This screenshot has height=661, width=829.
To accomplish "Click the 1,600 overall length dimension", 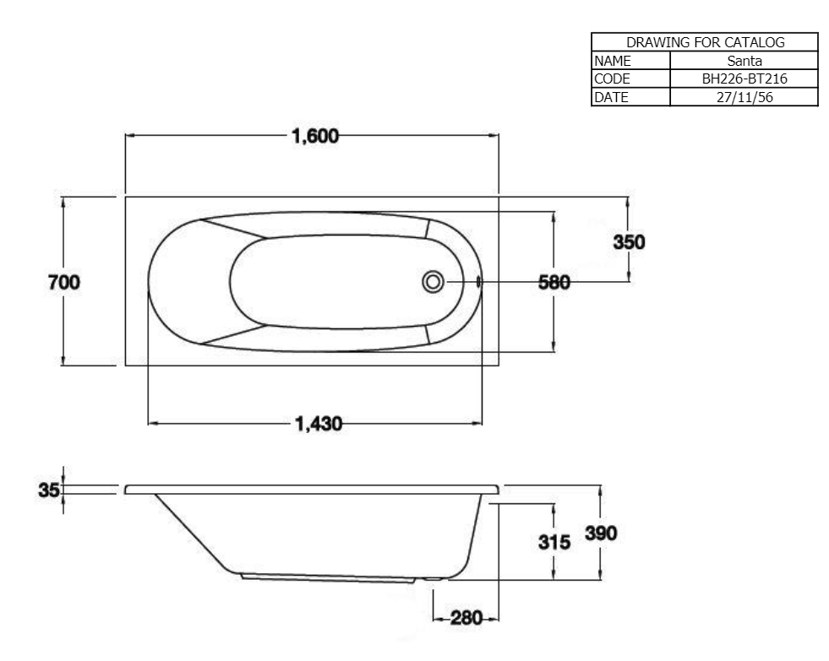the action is pos(315,136).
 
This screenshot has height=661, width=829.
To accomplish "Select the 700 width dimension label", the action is pos(64,282).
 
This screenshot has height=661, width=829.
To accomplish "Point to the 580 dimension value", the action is pos(554,283).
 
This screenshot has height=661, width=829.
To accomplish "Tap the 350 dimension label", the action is pos(630,241).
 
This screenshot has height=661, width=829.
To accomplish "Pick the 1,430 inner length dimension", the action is pos(319,424).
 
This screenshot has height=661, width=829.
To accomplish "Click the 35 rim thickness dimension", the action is pos(49,490).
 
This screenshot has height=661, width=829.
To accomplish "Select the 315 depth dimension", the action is pos(554,542).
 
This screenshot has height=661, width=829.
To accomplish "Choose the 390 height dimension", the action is pos(601,534).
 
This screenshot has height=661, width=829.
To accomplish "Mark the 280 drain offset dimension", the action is pos(466,618).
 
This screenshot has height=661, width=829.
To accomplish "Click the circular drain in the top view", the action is pos(433,281).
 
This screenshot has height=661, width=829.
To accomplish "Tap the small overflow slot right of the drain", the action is pos(479,281).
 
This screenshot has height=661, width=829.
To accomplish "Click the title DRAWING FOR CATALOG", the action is pos(706,42).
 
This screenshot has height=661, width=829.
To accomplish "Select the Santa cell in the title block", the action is pos(744,60).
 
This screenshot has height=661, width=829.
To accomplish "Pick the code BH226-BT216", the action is pos(744,79).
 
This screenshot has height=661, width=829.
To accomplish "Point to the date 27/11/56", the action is pos(744,97).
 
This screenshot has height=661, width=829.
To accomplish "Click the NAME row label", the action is pos(612,60).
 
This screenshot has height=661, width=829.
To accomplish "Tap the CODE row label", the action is pos(612,79).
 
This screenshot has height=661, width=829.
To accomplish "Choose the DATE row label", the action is pos(611,97).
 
